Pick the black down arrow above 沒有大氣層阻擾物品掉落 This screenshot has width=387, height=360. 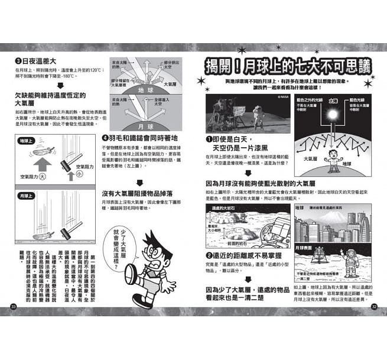139,183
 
